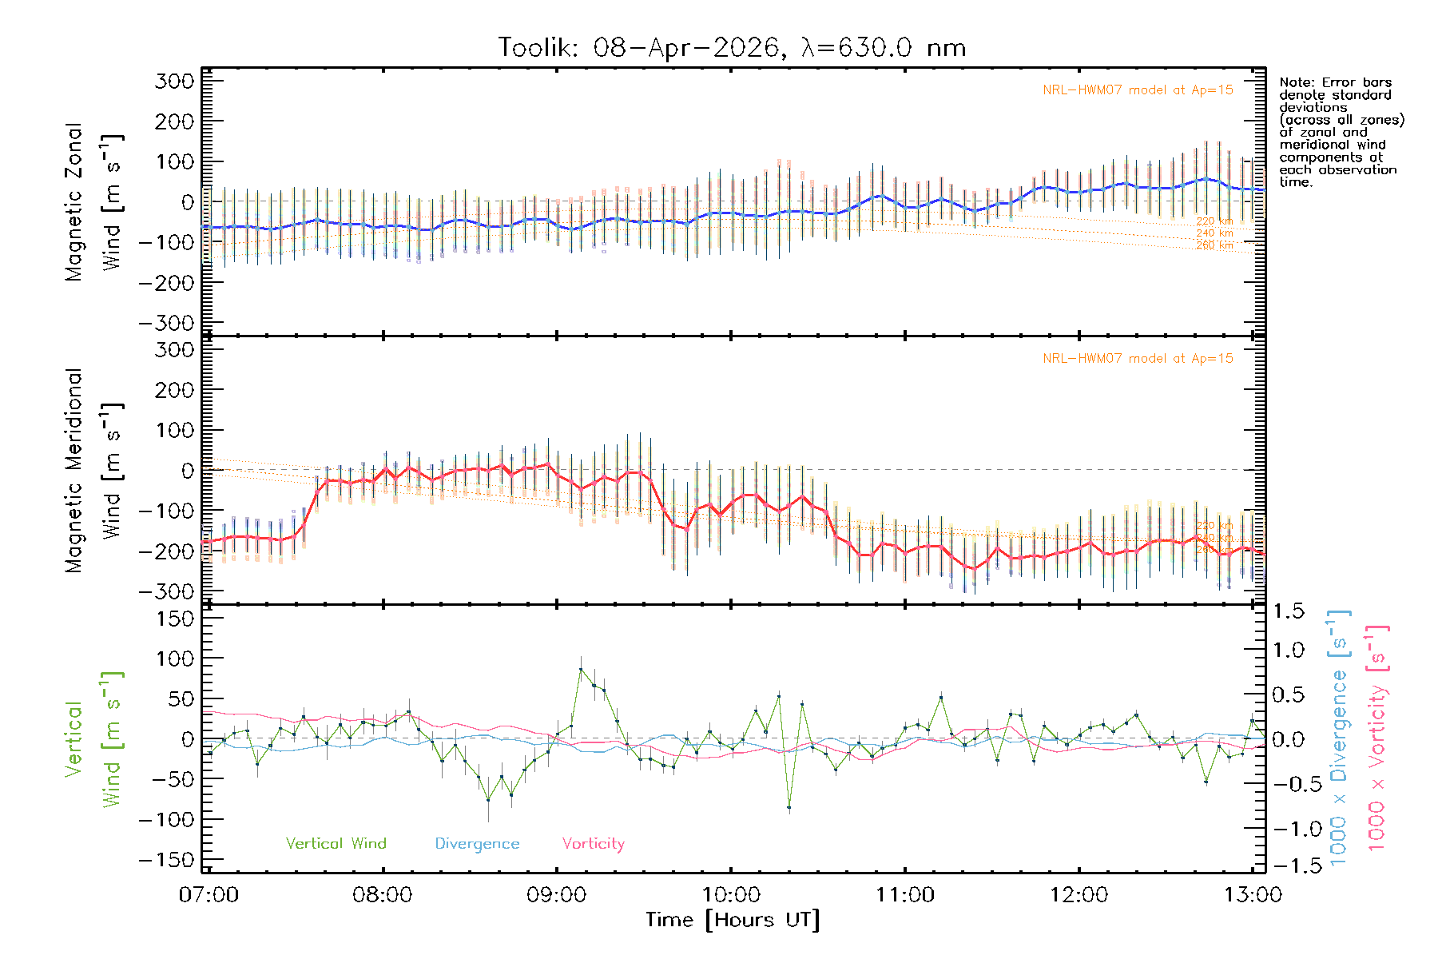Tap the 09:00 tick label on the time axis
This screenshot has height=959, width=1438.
[x=557, y=895]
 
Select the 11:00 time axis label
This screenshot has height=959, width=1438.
[x=905, y=895]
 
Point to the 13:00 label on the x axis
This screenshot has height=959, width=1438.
[x=1253, y=895]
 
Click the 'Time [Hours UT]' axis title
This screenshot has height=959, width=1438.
[x=733, y=921]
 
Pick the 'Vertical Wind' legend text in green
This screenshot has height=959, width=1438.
[x=336, y=844]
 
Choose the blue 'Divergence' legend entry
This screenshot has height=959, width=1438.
[x=477, y=844]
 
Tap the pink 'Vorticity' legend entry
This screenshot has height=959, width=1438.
[x=593, y=844]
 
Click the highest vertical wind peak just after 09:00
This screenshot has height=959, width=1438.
[x=581, y=669]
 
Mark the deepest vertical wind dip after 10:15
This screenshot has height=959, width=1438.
[x=789, y=809]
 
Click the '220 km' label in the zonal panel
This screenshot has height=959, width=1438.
[x=1214, y=221]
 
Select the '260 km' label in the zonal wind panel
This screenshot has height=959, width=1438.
[x=1214, y=245]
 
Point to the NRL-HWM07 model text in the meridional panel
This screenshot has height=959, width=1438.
[x=1138, y=359]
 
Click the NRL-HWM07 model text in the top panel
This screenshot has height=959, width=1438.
[x=1138, y=90]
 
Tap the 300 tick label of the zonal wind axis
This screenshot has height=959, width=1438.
[x=174, y=82]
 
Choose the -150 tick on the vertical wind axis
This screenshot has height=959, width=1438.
[x=166, y=861]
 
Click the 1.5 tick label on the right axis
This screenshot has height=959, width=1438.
[x=1288, y=611]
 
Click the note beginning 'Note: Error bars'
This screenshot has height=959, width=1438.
[x=1341, y=132]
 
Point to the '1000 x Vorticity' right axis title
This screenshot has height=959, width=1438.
[x=1377, y=737]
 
